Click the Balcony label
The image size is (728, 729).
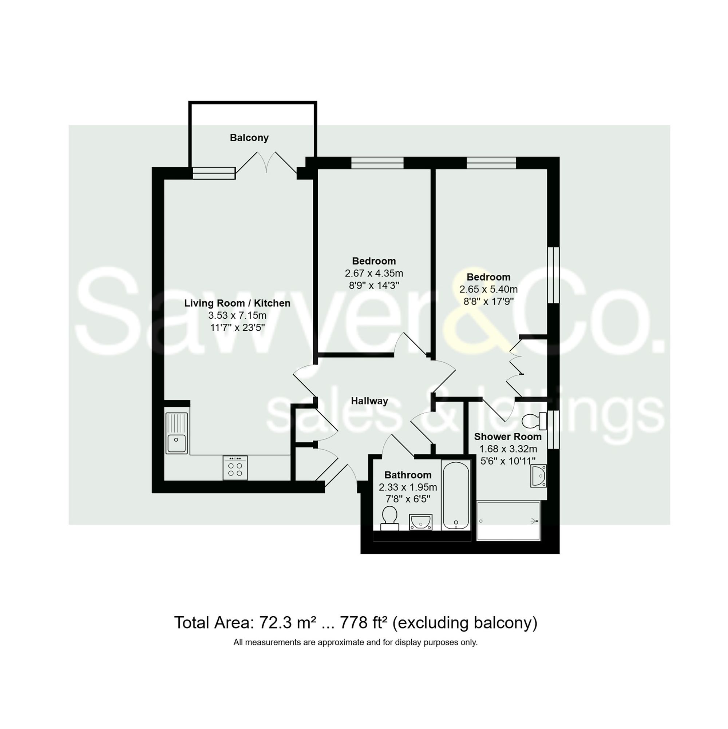click(x=249, y=138)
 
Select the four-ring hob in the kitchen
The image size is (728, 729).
click(x=235, y=468)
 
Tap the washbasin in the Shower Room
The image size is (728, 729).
click(x=538, y=476)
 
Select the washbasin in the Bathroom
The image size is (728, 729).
click(x=421, y=522)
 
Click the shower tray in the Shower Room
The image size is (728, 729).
click(x=508, y=521)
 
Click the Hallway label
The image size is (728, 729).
click(x=369, y=401)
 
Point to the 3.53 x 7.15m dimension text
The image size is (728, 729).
click(x=237, y=315)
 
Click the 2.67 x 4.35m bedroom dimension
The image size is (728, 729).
click(x=373, y=273)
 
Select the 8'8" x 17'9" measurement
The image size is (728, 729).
click(x=488, y=302)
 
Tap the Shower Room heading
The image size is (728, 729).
click(x=507, y=437)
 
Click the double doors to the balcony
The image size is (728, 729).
click(x=266, y=163)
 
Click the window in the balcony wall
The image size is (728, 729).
click(x=214, y=173)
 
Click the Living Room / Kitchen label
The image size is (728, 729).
click(x=237, y=303)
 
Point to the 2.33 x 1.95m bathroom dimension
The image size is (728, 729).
click(x=407, y=487)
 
